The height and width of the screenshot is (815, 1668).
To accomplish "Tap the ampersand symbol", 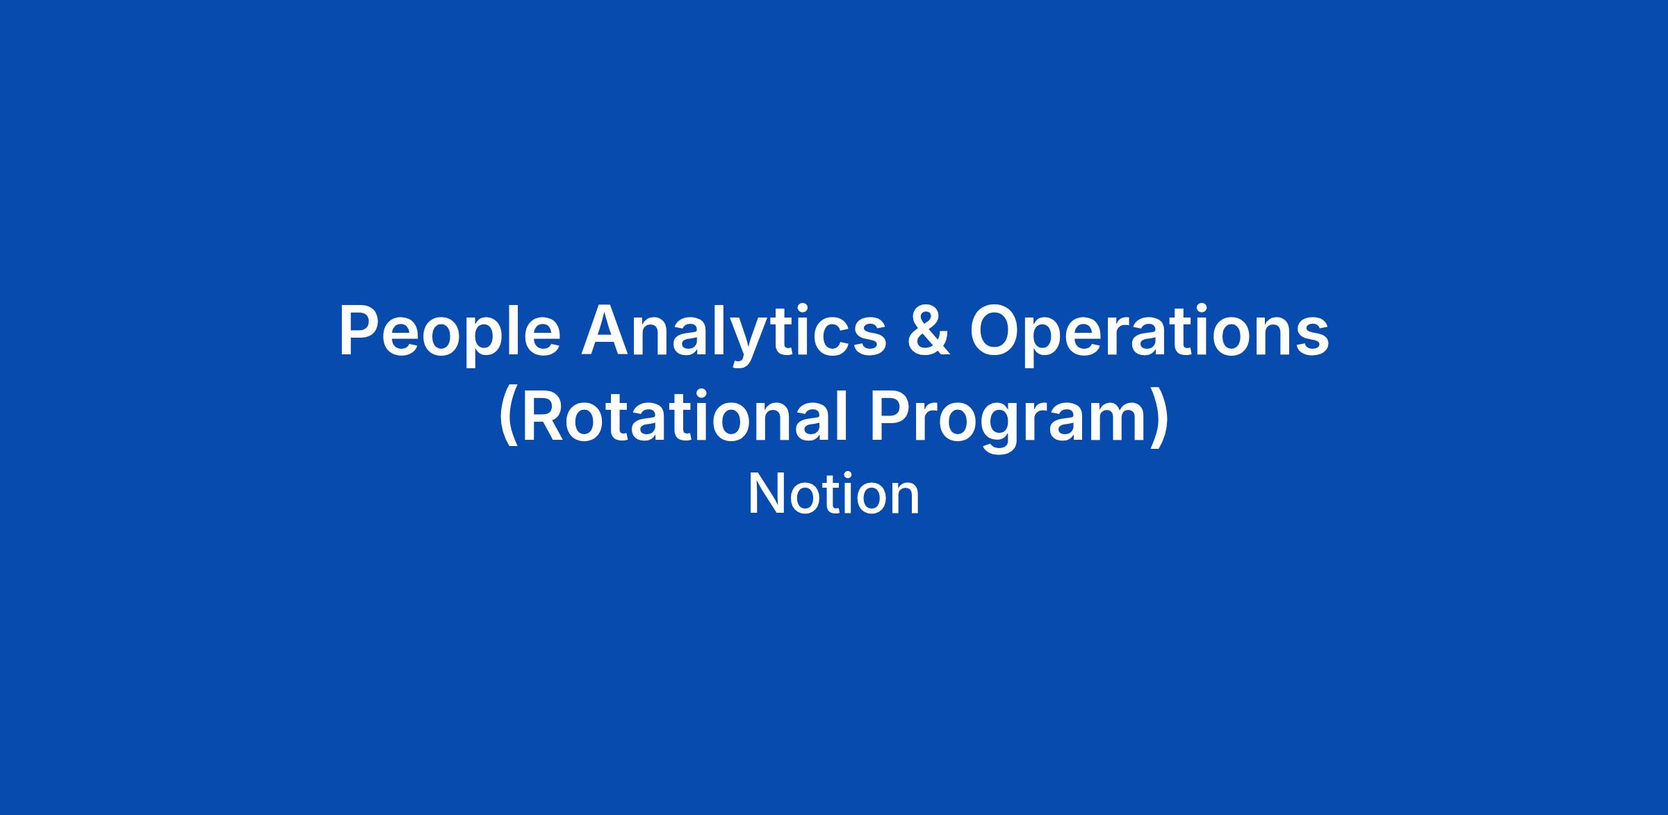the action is click(x=928, y=332).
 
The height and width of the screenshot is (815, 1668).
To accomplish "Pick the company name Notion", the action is click(x=834, y=494).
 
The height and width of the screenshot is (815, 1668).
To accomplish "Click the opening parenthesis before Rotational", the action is click(x=509, y=419).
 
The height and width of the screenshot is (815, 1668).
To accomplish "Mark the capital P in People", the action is click(x=359, y=331).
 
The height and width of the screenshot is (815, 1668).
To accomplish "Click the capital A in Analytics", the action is click(x=605, y=331).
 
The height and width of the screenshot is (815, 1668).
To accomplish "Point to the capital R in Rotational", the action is click(x=543, y=417).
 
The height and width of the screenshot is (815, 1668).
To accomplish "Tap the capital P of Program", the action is click(x=890, y=417).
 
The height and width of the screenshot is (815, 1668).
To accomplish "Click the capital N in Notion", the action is click(x=767, y=494).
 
